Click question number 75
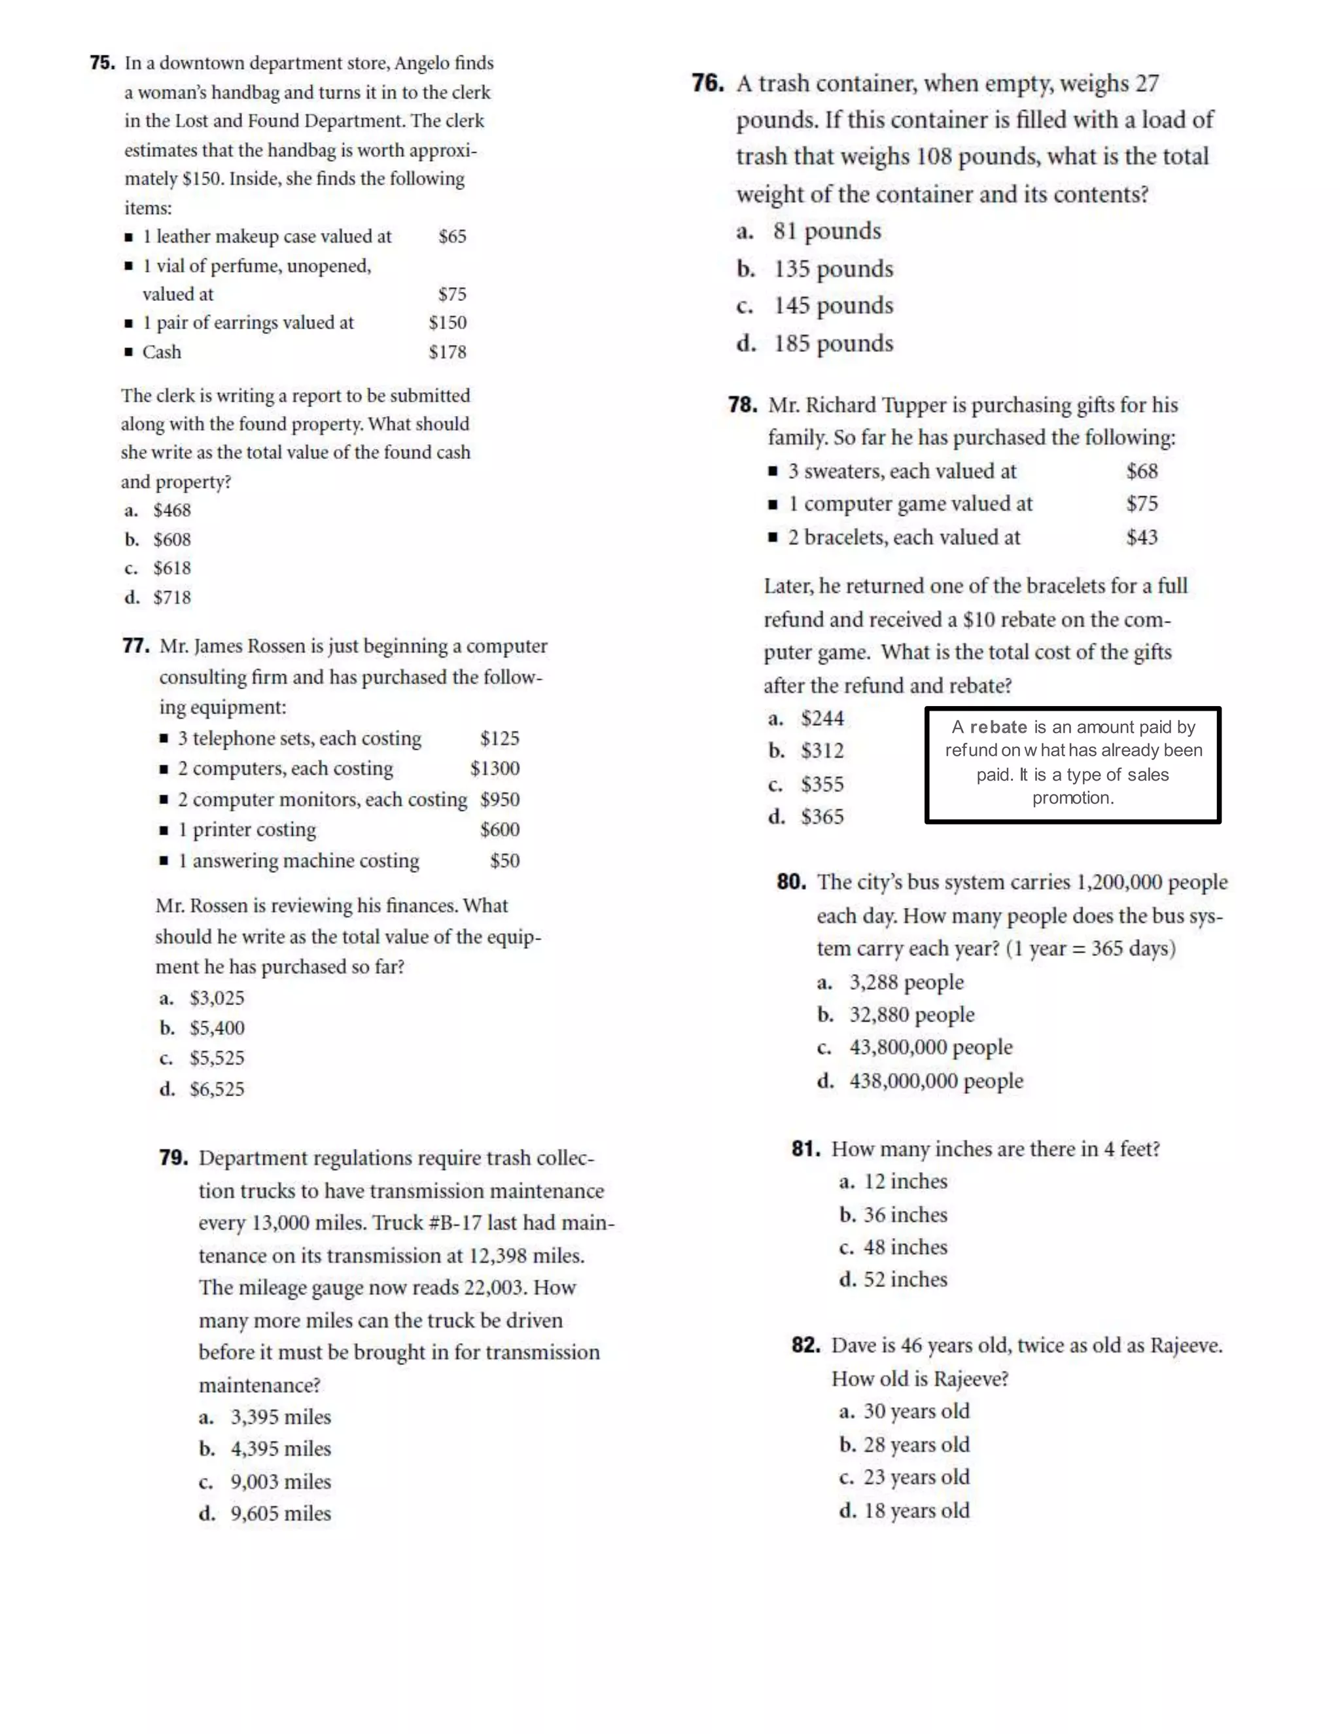point(103,63)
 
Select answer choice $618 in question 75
point(171,569)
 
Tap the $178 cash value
point(448,352)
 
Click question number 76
point(707,83)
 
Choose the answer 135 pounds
point(833,269)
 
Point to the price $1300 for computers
point(495,769)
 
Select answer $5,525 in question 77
point(217,1058)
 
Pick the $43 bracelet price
point(1142,537)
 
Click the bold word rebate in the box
point(998,727)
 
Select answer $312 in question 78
point(822,751)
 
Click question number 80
point(792,882)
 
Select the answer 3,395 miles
point(280,1417)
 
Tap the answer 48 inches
point(905,1247)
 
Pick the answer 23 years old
point(916,1477)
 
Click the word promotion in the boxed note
point(1072,798)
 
